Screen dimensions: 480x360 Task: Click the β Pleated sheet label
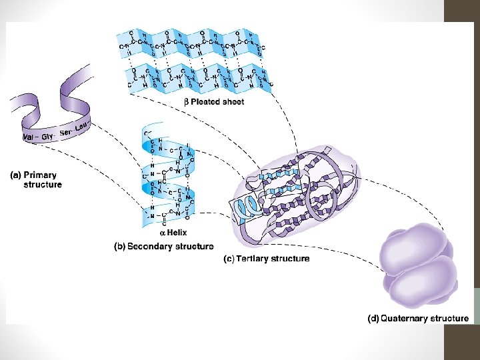(213, 102)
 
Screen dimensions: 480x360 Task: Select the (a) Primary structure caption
(37, 180)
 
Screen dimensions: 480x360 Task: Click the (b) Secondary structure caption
(164, 246)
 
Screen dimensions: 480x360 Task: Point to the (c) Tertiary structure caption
(266, 258)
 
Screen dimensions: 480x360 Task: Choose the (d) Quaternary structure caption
(418, 318)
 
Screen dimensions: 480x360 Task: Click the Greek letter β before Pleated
(187, 102)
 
